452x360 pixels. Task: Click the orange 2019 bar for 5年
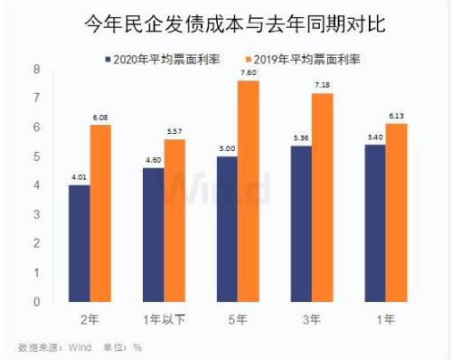pos(247,191)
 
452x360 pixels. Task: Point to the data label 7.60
pos(248,73)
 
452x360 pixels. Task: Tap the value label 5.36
pos(299,138)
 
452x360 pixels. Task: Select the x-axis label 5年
pos(237,318)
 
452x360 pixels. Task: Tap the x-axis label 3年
pos(310,318)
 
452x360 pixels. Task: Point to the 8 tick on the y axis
pos(36,69)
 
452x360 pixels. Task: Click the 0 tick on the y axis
pos(36,302)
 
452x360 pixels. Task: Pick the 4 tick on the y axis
pos(36,185)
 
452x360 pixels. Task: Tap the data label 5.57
pos(174,132)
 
